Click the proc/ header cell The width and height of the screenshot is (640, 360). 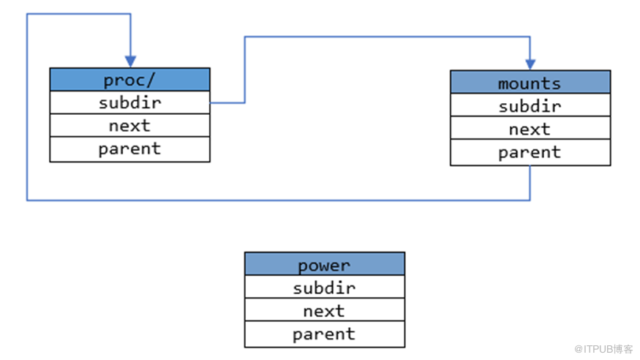129,80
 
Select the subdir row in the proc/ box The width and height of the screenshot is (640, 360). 129,102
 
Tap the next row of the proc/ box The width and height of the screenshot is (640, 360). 129,125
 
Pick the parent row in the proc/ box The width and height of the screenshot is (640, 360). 129,149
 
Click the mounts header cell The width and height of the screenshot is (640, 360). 530,82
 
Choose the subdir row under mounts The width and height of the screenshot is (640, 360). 530,105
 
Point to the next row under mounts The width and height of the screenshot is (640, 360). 530,128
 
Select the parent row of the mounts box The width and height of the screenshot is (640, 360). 530,152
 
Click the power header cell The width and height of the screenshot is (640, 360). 325,263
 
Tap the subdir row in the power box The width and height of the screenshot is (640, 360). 325,287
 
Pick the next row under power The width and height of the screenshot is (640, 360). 325,310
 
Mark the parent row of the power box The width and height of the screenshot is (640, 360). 325,334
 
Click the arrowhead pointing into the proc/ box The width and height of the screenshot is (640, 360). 131,61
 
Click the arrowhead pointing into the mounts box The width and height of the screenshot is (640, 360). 530,64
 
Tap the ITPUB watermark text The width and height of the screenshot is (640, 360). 603,349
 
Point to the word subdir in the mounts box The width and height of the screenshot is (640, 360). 530,106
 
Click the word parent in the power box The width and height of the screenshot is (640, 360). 324,334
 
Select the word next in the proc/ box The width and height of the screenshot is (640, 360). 129,126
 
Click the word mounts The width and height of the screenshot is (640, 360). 530,83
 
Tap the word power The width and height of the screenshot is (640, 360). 324,266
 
